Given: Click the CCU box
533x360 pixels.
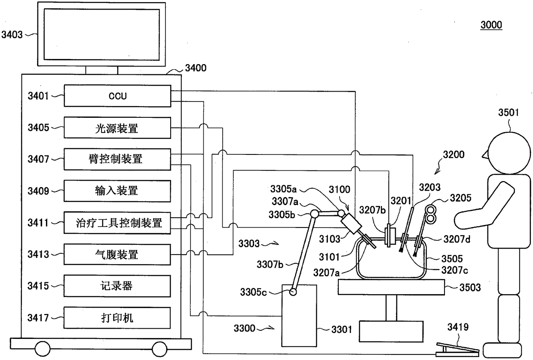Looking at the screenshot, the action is pyautogui.click(x=117, y=96).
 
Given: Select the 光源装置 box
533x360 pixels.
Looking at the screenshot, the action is pyautogui.click(x=117, y=128).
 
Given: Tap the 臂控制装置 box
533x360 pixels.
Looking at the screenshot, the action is pyautogui.click(x=117, y=159).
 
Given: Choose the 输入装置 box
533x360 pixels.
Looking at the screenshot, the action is pyautogui.click(x=117, y=191).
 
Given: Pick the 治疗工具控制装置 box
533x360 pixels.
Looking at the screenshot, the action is pyautogui.click(x=117, y=223).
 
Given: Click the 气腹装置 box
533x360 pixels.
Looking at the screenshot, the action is pyautogui.click(x=117, y=255).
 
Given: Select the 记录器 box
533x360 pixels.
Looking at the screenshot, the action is pyautogui.click(x=117, y=286).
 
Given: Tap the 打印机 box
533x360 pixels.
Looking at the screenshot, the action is pyautogui.click(x=117, y=318).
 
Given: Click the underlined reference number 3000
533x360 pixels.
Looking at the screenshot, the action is pyautogui.click(x=491, y=25).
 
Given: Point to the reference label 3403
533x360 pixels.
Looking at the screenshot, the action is pyautogui.click(x=12, y=35).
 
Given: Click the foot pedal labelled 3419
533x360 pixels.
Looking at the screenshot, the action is pyautogui.click(x=457, y=350).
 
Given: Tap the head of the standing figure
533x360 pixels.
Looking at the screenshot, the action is pyautogui.click(x=509, y=153).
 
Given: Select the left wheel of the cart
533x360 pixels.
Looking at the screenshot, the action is pyautogui.click(x=43, y=349).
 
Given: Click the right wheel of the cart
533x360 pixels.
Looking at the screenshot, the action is pyautogui.click(x=159, y=349).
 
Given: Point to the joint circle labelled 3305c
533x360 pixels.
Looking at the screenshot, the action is pyautogui.click(x=293, y=292).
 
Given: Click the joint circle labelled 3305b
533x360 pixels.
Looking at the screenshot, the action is pyautogui.click(x=315, y=214).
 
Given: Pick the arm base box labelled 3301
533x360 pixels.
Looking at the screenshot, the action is pyautogui.click(x=299, y=316).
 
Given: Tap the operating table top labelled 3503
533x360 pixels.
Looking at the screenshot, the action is pyautogui.click(x=391, y=287).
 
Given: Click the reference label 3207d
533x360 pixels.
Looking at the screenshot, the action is pyautogui.click(x=457, y=239).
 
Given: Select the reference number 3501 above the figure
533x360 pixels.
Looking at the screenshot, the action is pyautogui.click(x=508, y=112).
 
